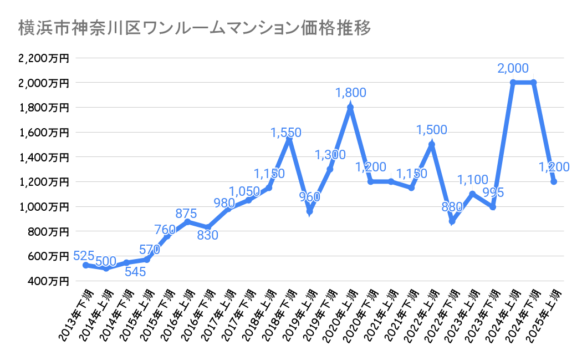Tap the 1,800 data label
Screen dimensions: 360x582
(x=350, y=93)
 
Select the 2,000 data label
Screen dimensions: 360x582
(x=513, y=69)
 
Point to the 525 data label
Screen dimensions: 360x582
(x=84, y=256)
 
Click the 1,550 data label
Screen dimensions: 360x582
(x=286, y=133)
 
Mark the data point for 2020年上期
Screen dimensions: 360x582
(x=350, y=107)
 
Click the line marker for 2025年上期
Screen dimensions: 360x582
(x=554, y=181)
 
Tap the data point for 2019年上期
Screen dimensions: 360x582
(x=309, y=211)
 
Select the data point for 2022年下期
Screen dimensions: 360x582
(x=452, y=221)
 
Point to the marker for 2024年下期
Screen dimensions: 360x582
(x=533, y=83)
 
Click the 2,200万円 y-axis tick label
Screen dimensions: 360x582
(x=44, y=58)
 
